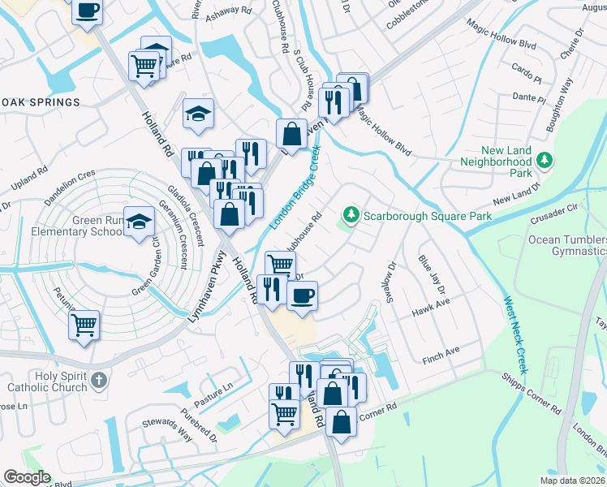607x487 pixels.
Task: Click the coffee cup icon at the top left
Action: [x=88, y=11]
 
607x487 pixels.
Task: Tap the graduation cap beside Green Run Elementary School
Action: [x=140, y=221]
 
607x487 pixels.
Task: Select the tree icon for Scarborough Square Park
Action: [x=351, y=216]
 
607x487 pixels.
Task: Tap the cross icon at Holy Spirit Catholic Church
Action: [x=98, y=380]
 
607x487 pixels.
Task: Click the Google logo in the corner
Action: [x=27, y=477]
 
